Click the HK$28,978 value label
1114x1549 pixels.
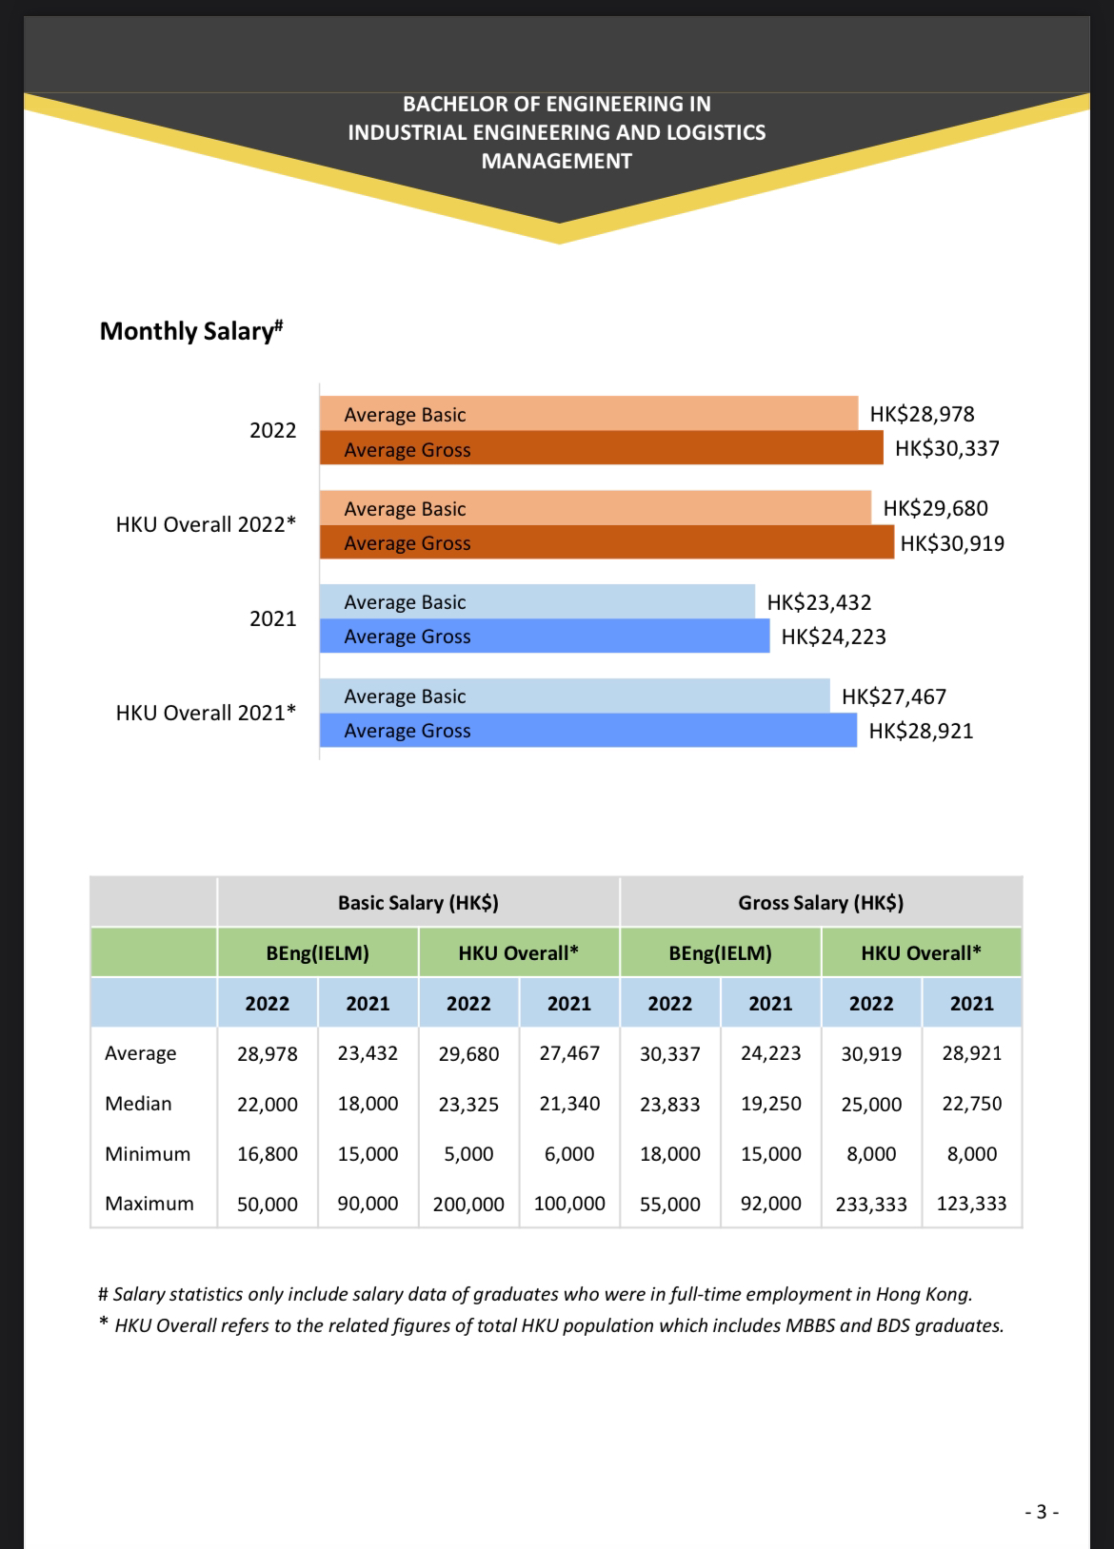click(x=922, y=414)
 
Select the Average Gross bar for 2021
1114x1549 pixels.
click(x=544, y=637)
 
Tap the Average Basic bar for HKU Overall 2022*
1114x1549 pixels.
click(x=594, y=508)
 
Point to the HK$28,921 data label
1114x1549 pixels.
click(x=921, y=731)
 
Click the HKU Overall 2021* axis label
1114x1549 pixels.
click(x=206, y=713)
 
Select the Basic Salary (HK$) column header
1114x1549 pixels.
click(x=418, y=902)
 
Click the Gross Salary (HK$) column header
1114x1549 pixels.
click(x=821, y=902)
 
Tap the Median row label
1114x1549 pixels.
click(x=138, y=1104)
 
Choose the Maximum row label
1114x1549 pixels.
click(x=149, y=1204)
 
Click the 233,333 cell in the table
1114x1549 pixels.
click(x=871, y=1204)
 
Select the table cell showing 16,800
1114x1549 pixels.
click(x=268, y=1154)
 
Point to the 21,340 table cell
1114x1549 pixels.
click(x=569, y=1104)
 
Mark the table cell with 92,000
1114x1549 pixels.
click(x=770, y=1204)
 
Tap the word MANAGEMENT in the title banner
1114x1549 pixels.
click(x=556, y=161)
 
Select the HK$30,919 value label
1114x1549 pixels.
click(x=952, y=543)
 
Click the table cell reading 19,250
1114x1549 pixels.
click(x=770, y=1104)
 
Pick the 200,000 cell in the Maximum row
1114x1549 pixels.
click(x=468, y=1204)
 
